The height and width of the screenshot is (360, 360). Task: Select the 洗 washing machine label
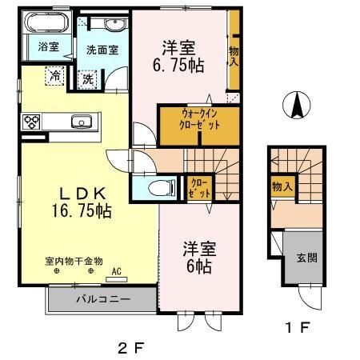pos(87,78)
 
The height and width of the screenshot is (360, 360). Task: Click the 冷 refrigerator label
pos(55,76)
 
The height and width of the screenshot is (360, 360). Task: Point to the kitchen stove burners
pos(32,122)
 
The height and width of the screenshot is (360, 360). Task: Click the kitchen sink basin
pos(81,122)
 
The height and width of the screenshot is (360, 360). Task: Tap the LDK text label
pos(78,193)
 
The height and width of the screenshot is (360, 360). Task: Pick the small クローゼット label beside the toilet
pos(198,188)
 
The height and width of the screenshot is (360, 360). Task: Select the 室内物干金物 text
pos(74,261)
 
